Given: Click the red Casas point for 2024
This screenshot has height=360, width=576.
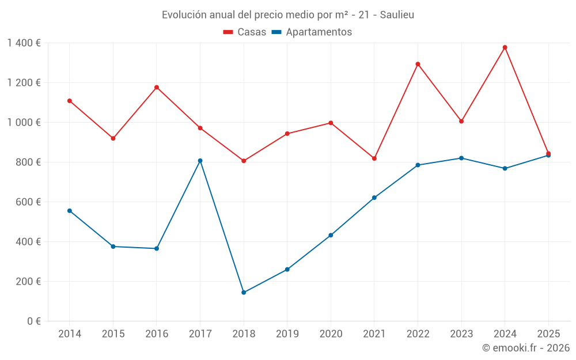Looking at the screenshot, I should (505, 47).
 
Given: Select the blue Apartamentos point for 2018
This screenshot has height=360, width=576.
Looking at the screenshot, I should (244, 293).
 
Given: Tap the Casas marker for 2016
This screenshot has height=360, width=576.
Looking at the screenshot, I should (157, 88).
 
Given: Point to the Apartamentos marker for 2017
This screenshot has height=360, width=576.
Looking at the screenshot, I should (200, 161).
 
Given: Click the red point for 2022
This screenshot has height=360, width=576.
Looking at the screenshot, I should (418, 64).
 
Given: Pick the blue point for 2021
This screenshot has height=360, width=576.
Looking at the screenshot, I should (374, 198).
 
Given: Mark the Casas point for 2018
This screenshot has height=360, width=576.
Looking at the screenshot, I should (244, 161).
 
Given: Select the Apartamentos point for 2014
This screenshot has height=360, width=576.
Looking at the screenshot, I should (70, 211).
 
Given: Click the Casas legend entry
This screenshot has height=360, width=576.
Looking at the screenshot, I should (245, 32).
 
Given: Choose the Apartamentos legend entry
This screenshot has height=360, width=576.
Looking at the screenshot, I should (312, 32).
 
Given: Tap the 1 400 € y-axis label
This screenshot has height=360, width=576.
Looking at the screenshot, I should (24, 43).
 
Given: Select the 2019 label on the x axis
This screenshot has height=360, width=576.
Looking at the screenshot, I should (287, 334).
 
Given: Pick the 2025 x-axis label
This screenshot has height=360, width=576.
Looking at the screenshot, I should (548, 334).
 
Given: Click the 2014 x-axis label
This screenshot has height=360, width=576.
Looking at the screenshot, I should (70, 334).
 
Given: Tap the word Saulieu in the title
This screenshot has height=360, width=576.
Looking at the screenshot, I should (397, 14).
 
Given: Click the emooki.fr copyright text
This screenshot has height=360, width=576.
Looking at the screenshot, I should (525, 348).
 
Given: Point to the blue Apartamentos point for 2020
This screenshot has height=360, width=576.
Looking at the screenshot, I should (331, 235).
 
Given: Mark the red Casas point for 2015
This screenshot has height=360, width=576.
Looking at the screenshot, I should (113, 138).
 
